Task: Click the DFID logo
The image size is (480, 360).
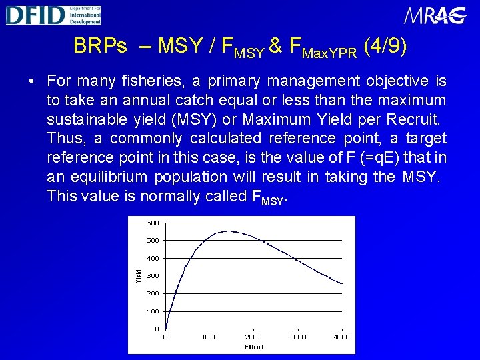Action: point(53,15)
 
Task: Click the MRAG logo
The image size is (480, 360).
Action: point(434,15)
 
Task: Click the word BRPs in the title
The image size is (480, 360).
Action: point(100,46)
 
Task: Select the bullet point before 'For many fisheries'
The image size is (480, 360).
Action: point(31,82)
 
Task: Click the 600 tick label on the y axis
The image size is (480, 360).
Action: point(153,223)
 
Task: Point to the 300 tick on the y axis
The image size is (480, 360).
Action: point(153,275)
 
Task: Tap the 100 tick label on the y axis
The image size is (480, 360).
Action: point(153,311)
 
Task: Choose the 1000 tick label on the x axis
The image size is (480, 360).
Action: point(209,337)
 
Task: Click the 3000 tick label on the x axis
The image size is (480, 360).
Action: point(297,337)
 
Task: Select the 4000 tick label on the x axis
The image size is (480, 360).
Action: point(341,337)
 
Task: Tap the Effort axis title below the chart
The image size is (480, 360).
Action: point(253,347)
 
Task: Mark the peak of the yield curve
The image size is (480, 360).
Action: point(228,231)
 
